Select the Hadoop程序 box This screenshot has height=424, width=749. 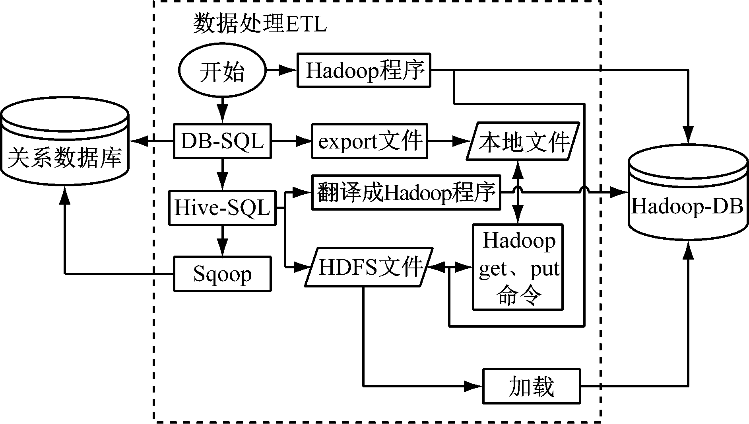click(x=364, y=70)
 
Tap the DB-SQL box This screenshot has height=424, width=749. click(x=222, y=141)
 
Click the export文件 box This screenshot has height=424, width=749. click(x=369, y=141)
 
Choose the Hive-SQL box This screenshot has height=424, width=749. click(x=222, y=208)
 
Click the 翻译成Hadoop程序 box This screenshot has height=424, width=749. click(x=406, y=193)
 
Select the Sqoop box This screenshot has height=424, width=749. click(x=222, y=274)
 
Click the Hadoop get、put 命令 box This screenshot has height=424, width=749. click(x=518, y=267)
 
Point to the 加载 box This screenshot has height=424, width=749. click(x=532, y=386)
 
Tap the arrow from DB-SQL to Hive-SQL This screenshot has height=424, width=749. click(x=222, y=174)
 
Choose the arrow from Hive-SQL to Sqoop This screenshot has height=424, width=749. click(x=222, y=240)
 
